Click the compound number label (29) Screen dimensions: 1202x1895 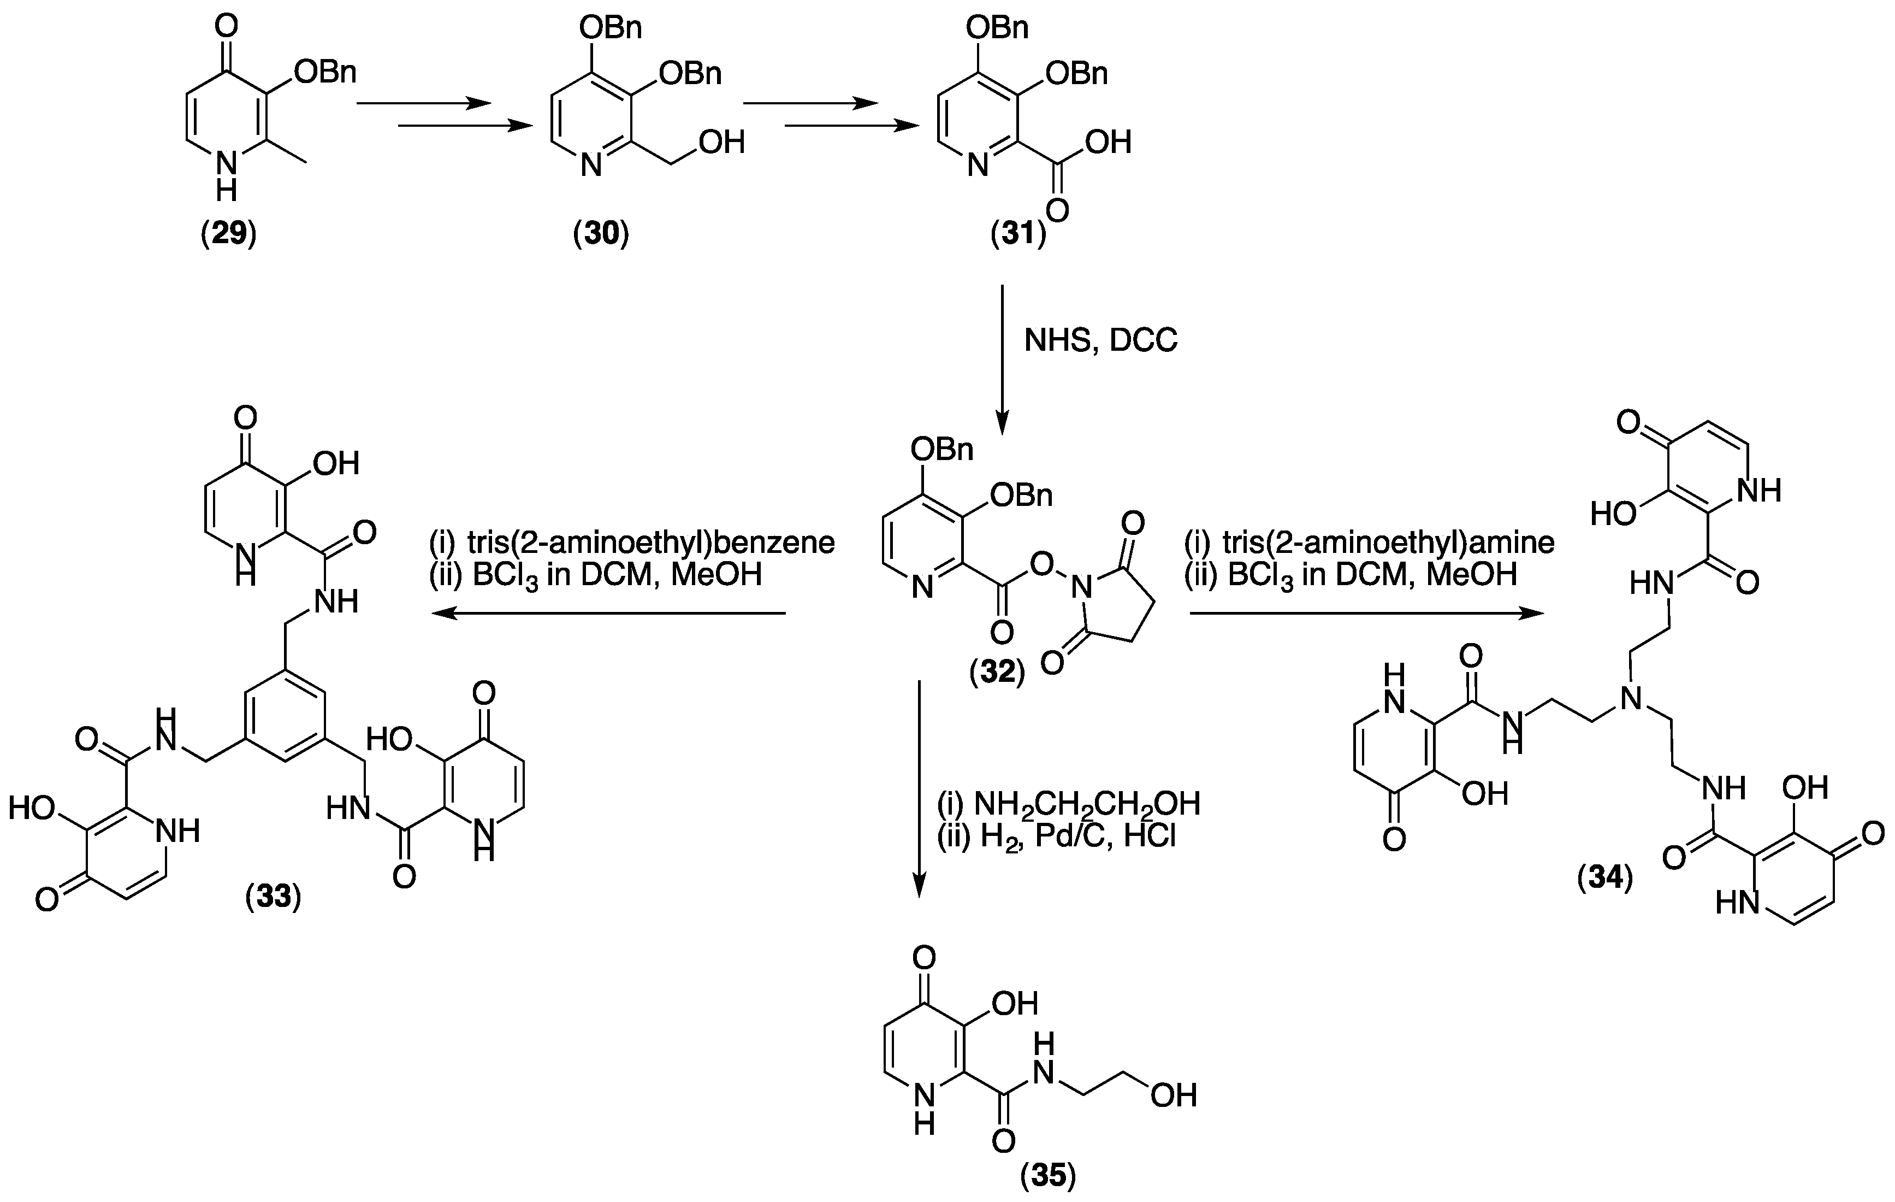click(228, 234)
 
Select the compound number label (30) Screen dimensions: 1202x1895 click(601, 234)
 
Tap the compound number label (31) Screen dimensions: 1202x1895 click(1018, 234)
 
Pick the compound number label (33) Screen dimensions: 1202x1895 click(273, 897)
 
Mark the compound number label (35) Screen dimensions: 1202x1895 click(1047, 1176)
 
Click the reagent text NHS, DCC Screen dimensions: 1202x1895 click(1100, 340)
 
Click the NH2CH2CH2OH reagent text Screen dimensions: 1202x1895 click(1086, 804)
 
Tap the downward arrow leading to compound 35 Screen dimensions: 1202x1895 click(919, 788)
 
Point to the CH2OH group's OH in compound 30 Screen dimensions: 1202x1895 click(721, 143)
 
